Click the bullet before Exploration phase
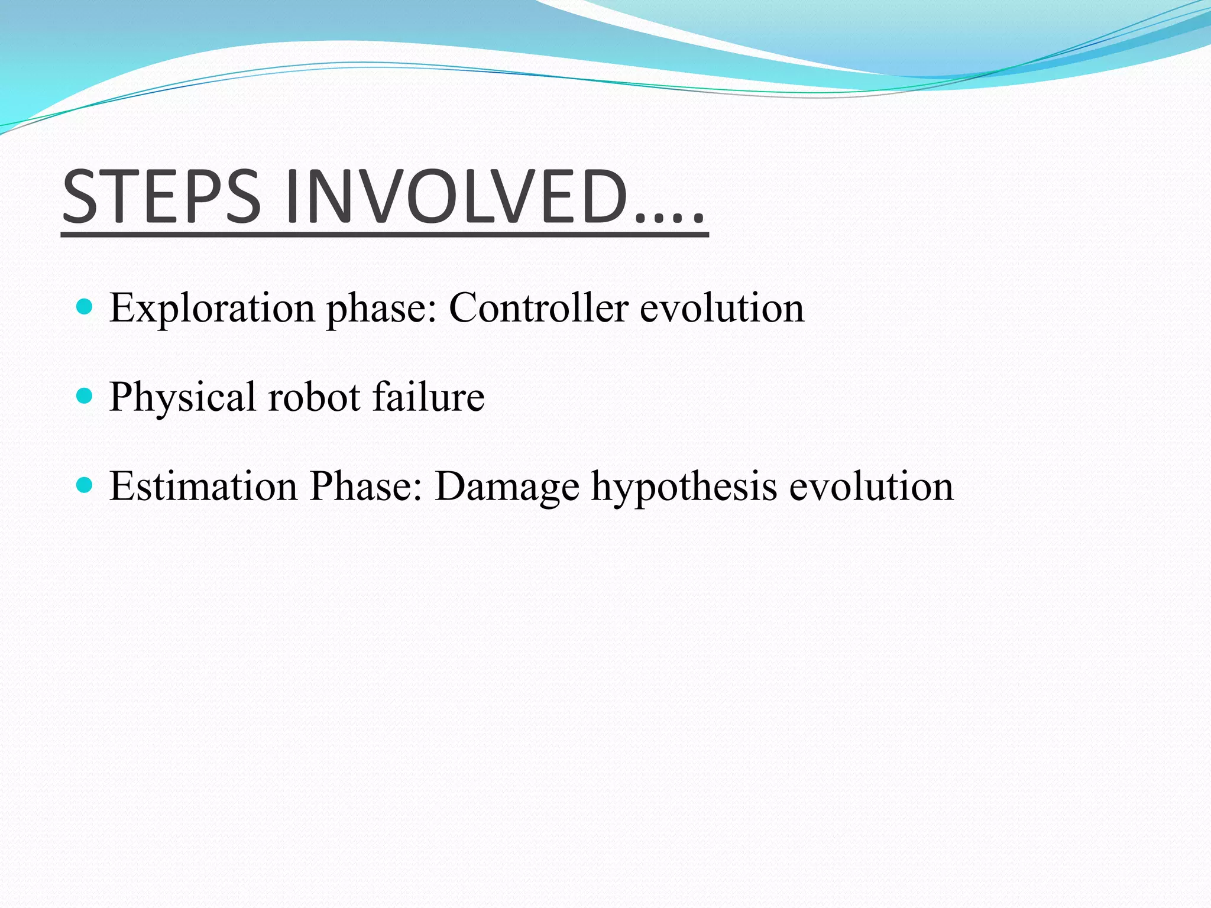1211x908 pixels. [85, 306]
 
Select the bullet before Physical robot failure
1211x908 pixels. [85, 395]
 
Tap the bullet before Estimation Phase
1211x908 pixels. [85, 485]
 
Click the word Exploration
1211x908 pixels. [212, 308]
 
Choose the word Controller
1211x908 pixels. [538, 308]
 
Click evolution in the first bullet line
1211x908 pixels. [722, 308]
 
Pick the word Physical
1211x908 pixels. [182, 397]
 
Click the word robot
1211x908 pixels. [314, 397]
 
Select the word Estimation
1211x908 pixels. [203, 487]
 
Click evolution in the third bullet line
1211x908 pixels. [872, 487]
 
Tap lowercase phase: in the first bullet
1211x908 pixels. [381, 309]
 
